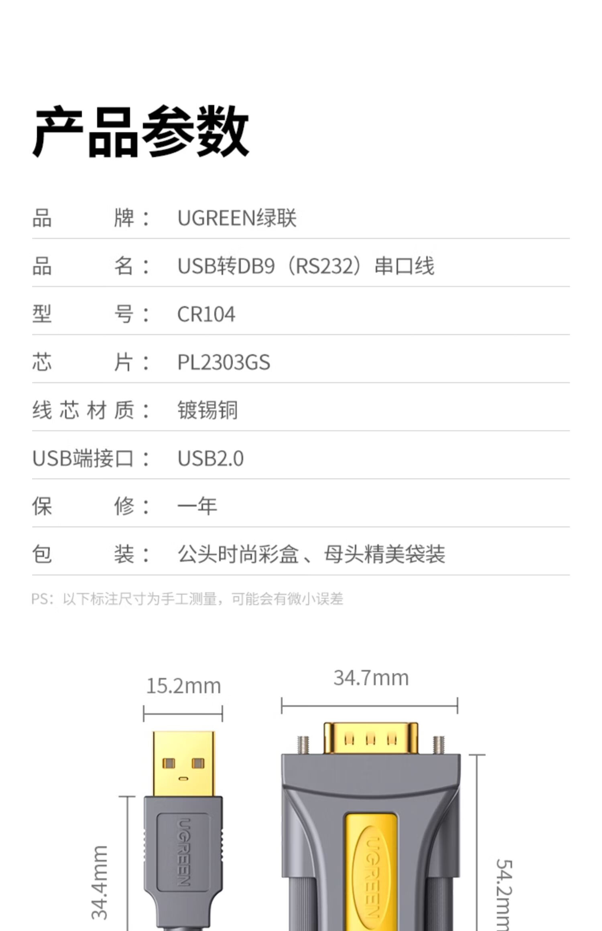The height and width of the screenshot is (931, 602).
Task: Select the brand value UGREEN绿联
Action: [x=236, y=218]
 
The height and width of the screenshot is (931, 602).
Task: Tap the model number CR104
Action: [x=206, y=314]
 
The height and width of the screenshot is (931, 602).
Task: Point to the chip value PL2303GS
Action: [x=224, y=362]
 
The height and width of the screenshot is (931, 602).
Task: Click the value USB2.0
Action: [x=210, y=458]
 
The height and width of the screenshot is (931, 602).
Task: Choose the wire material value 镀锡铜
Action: [x=207, y=410]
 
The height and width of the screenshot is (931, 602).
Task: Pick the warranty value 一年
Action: [x=197, y=506]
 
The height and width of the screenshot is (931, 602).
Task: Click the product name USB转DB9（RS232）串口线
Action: [x=305, y=266]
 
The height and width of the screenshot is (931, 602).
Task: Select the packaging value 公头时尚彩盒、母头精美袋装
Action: [x=311, y=554]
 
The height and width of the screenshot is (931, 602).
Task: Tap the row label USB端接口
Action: [x=83, y=458]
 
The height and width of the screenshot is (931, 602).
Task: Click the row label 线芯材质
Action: [x=83, y=410]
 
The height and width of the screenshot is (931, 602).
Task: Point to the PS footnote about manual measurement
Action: [x=187, y=599]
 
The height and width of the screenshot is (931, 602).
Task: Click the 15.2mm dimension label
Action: [x=183, y=686]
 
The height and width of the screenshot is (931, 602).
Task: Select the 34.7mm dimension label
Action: [x=371, y=678]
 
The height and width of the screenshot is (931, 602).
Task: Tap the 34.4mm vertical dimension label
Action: [x=100, y=882]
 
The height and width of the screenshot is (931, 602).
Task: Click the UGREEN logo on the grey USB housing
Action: [x=183, y=852]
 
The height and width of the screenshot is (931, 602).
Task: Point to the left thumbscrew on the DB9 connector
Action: [x=303, y=745]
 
